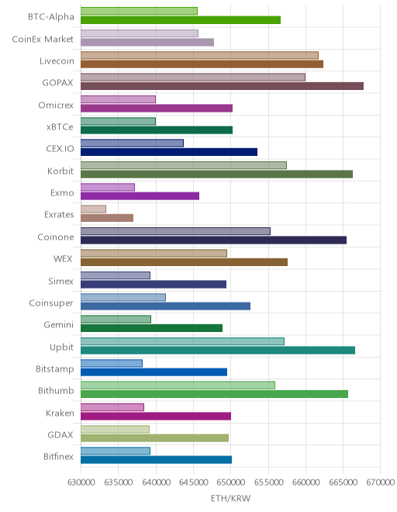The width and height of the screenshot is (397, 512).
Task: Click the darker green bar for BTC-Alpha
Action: [181, 20]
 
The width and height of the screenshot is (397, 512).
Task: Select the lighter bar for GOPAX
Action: [193, 77]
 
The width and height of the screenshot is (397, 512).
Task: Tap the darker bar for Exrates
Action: [107, 218]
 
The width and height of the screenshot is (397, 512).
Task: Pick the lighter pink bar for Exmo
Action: [108, 187]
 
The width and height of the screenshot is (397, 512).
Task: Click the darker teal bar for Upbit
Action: [218, 350]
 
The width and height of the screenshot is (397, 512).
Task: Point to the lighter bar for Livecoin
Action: [199, 55]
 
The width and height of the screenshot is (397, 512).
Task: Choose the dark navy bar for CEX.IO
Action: [169, 152]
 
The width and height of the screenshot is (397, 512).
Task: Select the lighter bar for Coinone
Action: [175, 231]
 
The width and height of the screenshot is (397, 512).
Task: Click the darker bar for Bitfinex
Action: [156, 460]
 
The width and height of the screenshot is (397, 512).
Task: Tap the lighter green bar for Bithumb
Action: [178, 385]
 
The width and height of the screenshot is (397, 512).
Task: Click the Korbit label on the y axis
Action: [60, 171]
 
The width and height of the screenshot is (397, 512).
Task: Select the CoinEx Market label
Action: [43, 40]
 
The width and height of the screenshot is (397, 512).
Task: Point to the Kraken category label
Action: [60, 413]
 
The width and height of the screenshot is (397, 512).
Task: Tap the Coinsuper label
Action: [51, 303]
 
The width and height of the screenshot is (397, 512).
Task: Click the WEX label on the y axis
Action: [63, 258]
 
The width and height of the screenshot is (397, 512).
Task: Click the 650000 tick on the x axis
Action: [230, 482]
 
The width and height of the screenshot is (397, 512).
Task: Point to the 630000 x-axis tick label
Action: [81, 482]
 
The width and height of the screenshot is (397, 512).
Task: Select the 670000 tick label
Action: [381, 482]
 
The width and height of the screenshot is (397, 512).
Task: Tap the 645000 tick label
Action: [193, 482]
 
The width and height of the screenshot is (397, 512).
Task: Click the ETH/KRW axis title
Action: [230, 498]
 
